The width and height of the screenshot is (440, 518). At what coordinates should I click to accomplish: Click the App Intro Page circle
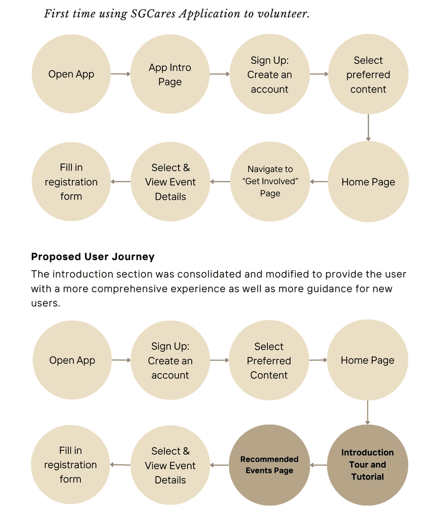(170, 74)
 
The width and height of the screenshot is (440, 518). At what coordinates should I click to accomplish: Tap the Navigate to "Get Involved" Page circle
(270, 182)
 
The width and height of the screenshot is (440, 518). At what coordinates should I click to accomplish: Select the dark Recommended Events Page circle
(269, 465)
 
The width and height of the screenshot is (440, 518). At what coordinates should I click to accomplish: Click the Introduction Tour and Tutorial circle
(368, 465)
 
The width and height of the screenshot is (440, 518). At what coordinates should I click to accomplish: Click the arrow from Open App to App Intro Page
(120, 74)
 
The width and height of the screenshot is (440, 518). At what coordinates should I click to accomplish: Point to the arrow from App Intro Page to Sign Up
(219, 74)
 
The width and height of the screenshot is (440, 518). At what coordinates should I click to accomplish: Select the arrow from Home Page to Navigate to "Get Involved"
(319, 182)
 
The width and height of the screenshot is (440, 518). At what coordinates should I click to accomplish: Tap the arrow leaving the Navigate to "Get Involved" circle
(220, 182)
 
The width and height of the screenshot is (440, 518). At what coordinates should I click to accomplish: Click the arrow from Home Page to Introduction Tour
(368, 412)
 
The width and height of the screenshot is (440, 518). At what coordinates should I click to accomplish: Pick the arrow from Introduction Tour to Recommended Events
(319, 465)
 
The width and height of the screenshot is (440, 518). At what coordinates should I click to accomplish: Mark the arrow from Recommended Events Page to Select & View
(220, 465)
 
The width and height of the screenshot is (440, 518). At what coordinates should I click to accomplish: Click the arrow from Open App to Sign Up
(121, 360)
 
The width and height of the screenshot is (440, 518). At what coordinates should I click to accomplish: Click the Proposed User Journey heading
(93, 256)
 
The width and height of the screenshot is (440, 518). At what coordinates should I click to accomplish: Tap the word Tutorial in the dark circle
(367, 477)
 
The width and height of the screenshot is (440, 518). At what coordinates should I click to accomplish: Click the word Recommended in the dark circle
(269, 459)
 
